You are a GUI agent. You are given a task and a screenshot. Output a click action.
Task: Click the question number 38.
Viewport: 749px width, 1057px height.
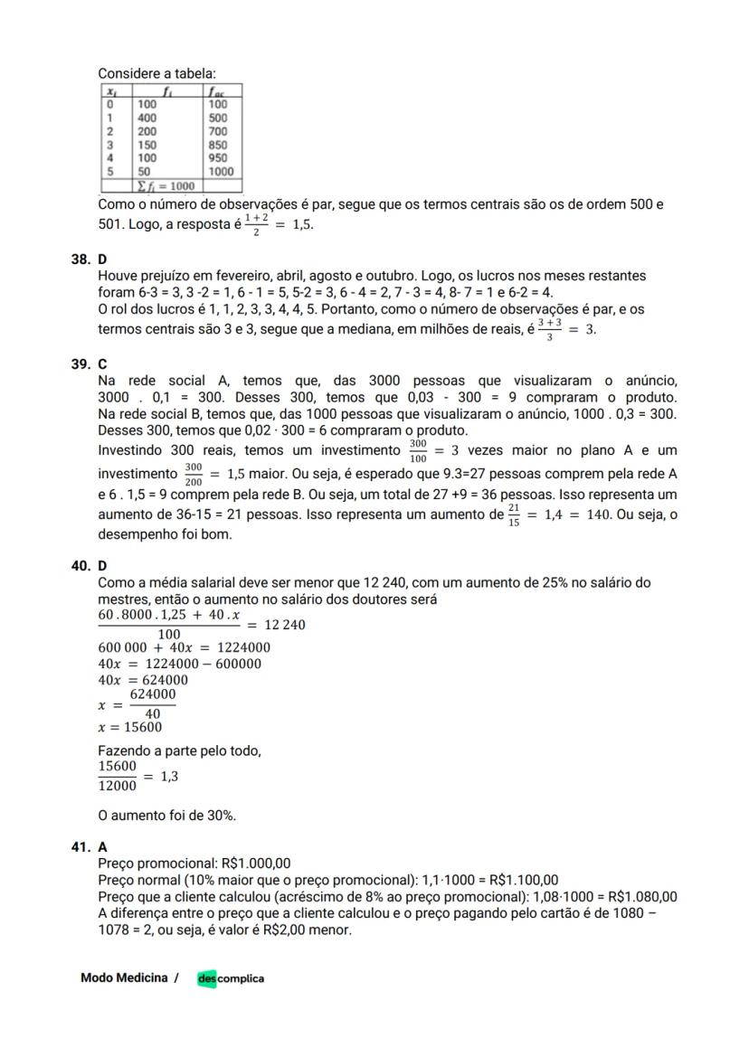click(80, 259)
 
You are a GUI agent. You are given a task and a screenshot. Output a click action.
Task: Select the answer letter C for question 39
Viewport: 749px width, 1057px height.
click(102, 364)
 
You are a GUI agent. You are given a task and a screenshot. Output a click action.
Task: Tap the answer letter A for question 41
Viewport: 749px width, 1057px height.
click(102, 847)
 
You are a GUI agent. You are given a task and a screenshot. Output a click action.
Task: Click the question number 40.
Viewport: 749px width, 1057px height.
click(80, 566)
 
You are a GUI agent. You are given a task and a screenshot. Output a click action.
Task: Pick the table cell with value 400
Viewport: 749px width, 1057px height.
click(147, 118)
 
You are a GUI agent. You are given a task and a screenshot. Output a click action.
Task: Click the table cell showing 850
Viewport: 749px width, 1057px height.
click(218, 145)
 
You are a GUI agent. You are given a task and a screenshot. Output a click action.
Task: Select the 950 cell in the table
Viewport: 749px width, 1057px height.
click(218, 157)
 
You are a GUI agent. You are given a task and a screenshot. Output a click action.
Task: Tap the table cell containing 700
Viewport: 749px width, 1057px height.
click(218, 131)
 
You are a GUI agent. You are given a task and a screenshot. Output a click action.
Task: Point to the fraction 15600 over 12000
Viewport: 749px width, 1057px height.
click(117, 776)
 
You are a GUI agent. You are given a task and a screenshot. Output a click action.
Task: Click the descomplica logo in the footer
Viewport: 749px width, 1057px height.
click(231, 978)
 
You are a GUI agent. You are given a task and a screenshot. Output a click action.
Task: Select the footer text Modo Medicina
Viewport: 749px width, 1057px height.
click(124, 978)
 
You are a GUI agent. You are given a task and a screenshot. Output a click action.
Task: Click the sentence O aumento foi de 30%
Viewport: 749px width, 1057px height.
click(166, 815)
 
